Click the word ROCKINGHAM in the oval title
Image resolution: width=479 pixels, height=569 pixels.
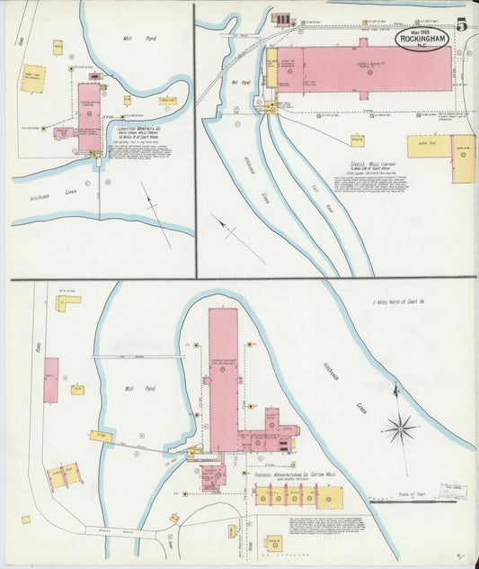(x=421, y=38)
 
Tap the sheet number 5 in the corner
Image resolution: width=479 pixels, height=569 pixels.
(x=461, y=25)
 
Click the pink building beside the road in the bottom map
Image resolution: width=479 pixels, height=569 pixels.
(x=50, y=380)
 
